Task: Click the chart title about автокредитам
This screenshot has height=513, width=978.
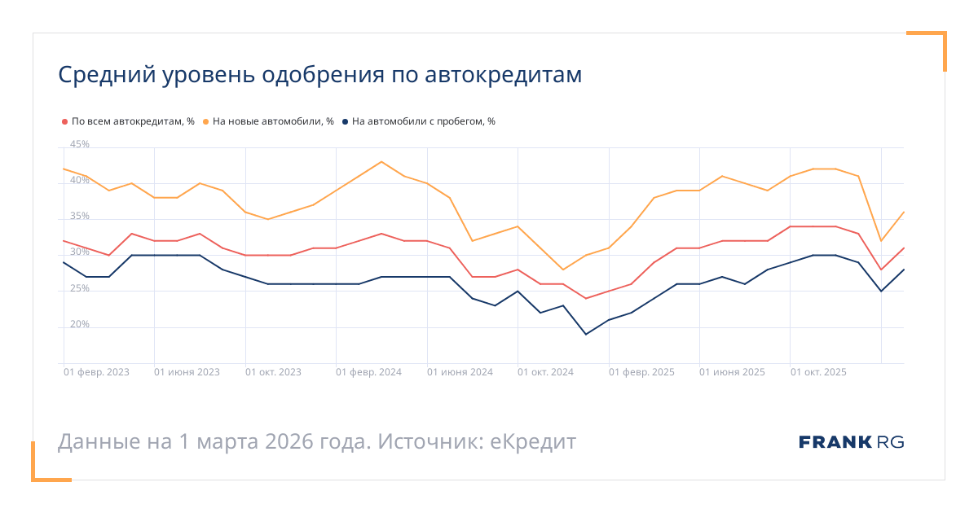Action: [x=319, y=75]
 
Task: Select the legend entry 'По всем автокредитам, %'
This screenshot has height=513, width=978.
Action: [x=132, y=121]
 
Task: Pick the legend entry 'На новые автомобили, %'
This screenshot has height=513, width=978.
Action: [x=273, y=121]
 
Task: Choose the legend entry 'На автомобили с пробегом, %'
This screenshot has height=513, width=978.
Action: [x=423, y=121]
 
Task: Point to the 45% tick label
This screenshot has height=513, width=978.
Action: [x=80, y=145]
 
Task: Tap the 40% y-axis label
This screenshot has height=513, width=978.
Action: [x=80, y=181]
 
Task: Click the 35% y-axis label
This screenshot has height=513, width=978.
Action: [x=80, y=217]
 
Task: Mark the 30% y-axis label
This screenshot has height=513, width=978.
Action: [x=80, y=252]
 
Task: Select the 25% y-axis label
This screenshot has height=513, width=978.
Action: [x=80, y=288]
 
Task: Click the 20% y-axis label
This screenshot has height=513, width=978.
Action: [x=80, y=324]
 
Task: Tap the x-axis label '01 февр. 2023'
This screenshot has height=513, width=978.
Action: [x=96, y=372]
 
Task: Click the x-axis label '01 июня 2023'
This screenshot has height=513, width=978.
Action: [x=187, y=372]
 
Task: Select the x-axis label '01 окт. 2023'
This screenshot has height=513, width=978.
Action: [x=273, y=372]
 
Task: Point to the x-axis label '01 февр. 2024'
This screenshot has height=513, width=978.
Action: [x=368, y=372]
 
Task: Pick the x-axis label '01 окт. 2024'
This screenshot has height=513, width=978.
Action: [x=546, y=372]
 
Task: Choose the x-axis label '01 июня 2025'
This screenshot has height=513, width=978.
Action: [x=732, y=372]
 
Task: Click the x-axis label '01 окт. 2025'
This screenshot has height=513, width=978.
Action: [x=818, y=372]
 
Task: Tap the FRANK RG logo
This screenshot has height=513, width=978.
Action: [x=851, y=442]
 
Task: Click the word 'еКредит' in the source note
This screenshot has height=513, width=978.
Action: [x=533, y=442]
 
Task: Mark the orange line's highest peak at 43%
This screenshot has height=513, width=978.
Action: [x=381, y=161]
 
